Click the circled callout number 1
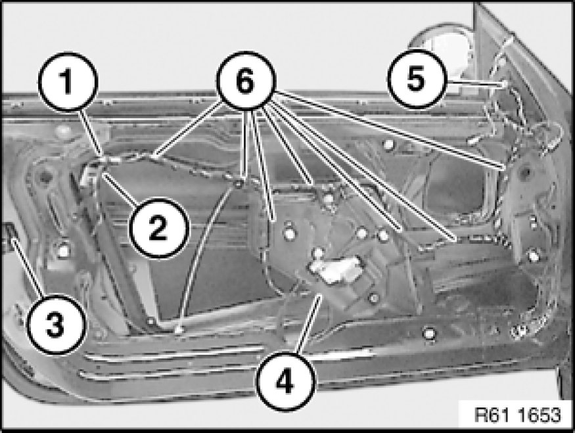67,81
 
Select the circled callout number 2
158,228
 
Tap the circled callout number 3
55,325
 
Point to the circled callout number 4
285,381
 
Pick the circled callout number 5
416,79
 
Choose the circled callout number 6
245,81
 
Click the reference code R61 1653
517,415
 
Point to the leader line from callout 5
473,84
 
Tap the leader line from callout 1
90,132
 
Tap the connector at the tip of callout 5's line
505,84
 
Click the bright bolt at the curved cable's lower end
179,330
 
